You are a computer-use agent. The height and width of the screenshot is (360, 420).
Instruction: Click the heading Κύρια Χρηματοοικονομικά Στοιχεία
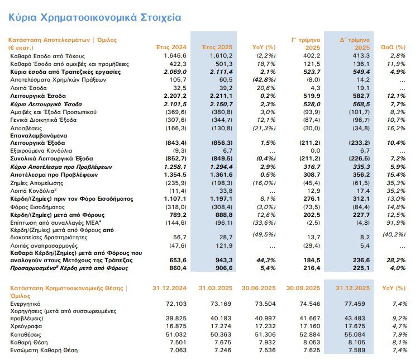[94, 17]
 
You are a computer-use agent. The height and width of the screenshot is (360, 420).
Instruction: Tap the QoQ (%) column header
[393, 48]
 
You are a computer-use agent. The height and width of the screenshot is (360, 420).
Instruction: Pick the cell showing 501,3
[221, 64]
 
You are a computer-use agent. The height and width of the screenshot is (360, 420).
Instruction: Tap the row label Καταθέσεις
[26, 333]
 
